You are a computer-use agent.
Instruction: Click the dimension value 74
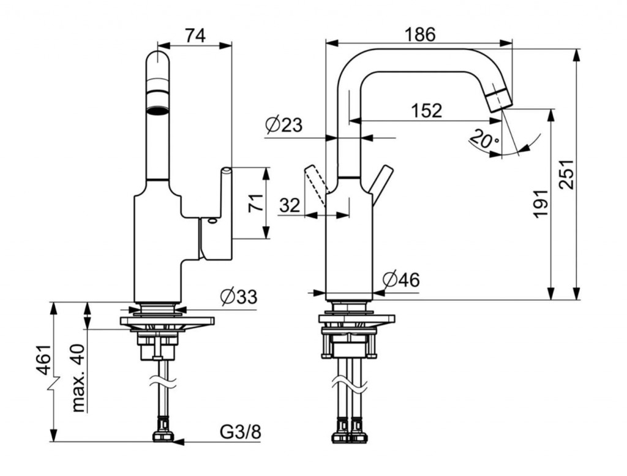195,36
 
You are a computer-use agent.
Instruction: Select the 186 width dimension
419,35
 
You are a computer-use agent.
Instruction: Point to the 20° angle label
484,141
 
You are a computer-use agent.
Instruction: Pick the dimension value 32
290,205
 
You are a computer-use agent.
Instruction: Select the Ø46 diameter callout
401,281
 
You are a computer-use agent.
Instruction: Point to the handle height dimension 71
255,202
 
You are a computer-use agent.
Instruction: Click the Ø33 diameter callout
238,297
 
